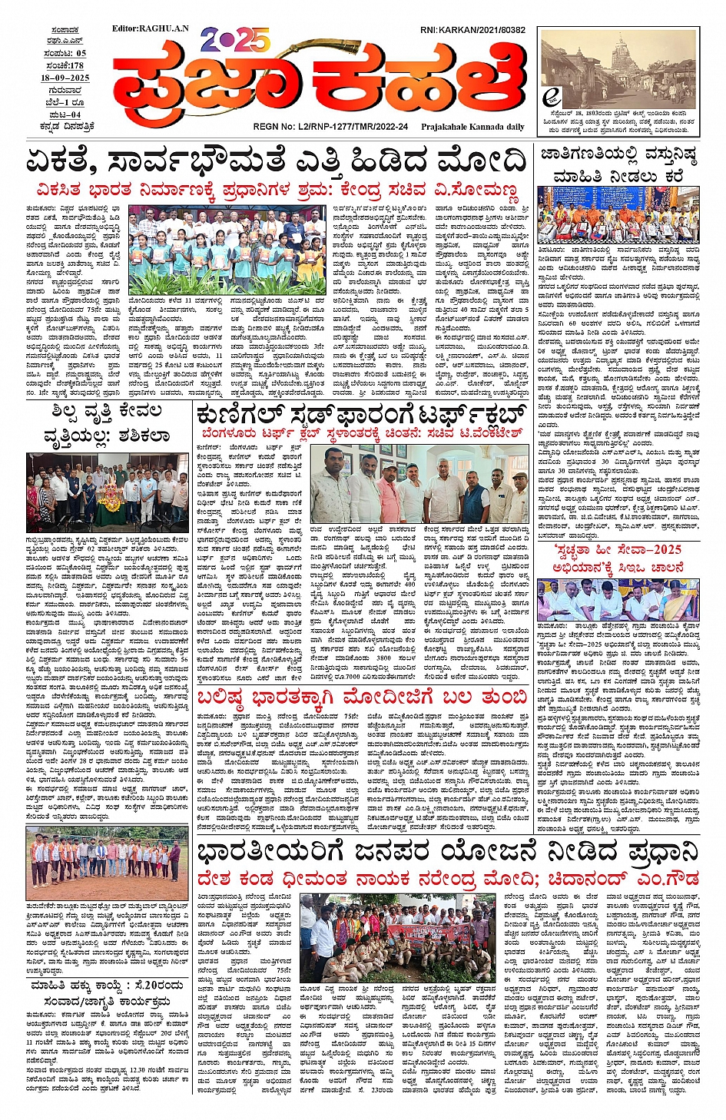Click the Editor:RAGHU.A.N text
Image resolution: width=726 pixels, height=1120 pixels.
(154, 29)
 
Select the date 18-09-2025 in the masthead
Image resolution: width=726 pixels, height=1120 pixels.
(65, 78)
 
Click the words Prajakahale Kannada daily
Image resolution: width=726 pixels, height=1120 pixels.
(472, 127)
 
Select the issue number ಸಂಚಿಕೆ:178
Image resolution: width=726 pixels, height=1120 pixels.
(65, 65)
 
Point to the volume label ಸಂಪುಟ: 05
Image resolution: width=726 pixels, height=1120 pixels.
(65, 53)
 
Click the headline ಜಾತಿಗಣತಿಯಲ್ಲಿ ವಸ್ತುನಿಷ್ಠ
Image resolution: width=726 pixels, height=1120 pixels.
(618, 156)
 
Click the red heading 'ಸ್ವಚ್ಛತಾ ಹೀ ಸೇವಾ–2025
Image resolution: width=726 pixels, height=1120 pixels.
(618, 550)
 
